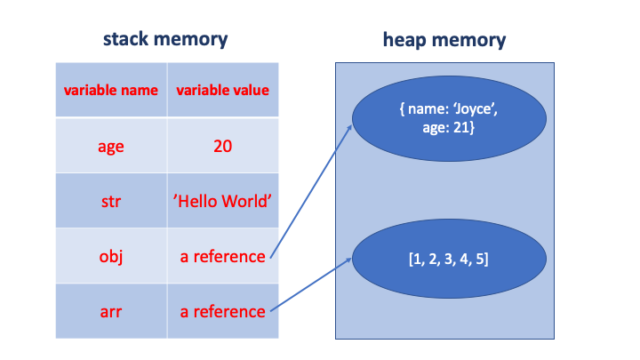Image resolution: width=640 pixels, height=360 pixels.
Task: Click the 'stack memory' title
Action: click(166, 39)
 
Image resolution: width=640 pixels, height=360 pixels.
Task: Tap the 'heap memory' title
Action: click(444, 39)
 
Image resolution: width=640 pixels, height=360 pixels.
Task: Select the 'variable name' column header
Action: click(110, 90)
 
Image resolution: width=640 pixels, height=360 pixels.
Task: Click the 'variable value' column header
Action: click(222, 90)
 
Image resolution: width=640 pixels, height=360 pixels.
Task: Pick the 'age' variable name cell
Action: click(110, 146)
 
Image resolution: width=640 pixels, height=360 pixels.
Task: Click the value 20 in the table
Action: click(222, 146)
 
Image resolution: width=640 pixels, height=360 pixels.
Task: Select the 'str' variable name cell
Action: click(110, 201)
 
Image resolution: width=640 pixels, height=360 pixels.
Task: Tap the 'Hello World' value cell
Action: click(222, 201)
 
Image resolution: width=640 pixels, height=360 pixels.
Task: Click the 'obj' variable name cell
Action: click(110, 256)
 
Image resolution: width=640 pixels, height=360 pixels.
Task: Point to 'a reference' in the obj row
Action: click(222, 256)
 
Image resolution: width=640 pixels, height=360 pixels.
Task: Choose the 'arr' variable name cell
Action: click(110, 311)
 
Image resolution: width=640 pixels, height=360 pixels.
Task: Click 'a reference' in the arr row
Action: click(222, 311)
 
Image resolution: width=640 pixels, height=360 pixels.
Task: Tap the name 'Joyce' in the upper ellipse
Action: click(470, 110)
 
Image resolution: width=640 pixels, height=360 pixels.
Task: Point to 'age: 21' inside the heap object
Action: click(444, 127)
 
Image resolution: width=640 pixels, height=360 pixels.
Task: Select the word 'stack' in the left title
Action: click(127, 39)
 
